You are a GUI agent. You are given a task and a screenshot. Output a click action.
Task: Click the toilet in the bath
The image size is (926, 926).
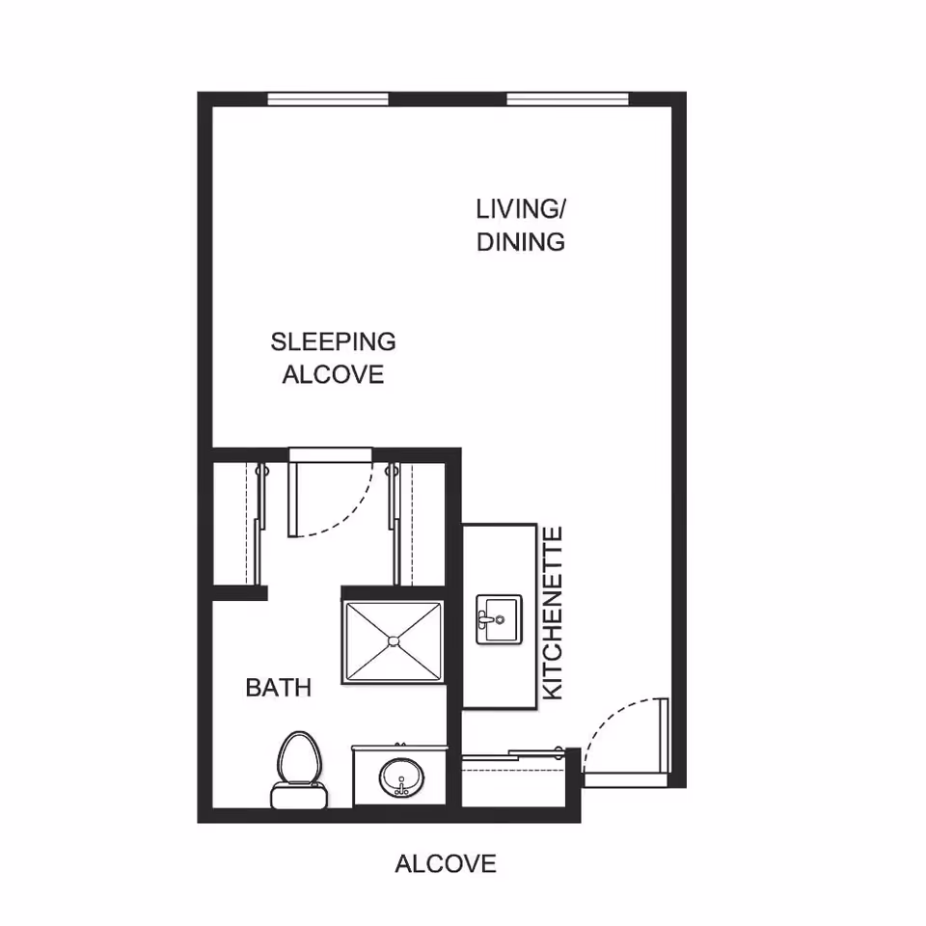tap(299, 770)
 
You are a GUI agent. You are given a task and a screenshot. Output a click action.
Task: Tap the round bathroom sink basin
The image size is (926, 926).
tap(401, 777)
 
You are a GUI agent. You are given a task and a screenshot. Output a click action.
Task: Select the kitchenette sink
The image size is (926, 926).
tap(499, 619)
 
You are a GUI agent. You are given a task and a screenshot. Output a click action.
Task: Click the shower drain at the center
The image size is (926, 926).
tap(394, 640)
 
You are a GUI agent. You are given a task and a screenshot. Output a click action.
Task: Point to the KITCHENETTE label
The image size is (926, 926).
tap(553, 613)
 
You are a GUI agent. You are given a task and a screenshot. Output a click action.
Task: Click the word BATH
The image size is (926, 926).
tap(278, 688)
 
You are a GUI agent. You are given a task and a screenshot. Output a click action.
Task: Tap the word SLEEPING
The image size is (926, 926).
tap(333, 341)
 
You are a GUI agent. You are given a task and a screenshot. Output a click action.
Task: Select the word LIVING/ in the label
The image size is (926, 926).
tap(521, 208)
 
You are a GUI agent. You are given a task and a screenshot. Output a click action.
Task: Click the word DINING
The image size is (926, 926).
tap(521, 241)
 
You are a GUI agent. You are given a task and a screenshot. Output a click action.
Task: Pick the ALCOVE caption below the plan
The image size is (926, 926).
tap(446, 863)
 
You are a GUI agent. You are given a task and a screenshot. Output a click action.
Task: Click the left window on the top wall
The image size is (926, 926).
tap(328, 98)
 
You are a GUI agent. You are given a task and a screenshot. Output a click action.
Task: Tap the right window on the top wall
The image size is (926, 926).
tap(567, 98)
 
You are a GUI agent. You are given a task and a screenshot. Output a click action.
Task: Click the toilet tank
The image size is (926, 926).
tap(299, 796)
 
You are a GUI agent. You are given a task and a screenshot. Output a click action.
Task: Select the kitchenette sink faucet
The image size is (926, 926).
tap(488, 620)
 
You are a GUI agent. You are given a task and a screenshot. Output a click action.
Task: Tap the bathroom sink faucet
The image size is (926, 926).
tap(401, 788)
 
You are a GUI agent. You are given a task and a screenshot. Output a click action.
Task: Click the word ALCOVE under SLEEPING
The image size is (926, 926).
tap(333, 374)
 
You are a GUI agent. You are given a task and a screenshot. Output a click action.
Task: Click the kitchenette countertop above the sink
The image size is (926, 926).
tap(499, 558)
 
